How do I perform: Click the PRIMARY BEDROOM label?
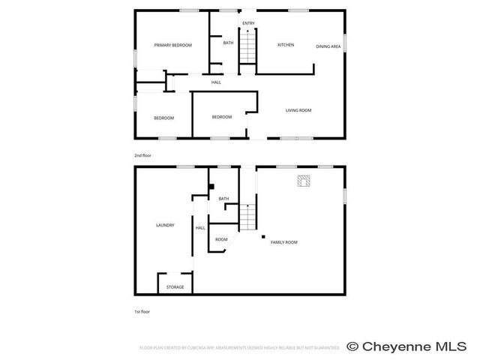pyautogui.click(x=172, y=46)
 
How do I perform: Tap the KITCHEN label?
pyautogui.click(x=286, y=45)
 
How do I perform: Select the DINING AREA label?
pyautogui.click(x=328, y=46)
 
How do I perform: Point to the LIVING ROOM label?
pyautogui.click(x=298, y=110)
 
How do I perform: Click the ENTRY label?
pyautogui.click(x=248, y=23)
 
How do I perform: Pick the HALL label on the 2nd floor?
pyautogui.click(x=216, y=82)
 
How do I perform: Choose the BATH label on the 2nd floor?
pyautogui.click(x=228, y=43)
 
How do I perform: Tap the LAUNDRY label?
pyautogui.click(x=165, y=225)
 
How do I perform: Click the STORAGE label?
pyautogui.click(x=175, y=286)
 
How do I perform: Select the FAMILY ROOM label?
pyautogui.click(x=284, y=242)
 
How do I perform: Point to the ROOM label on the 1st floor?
pyautogui.click(x=221, y=239)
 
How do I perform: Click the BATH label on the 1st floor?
pyautogui.click(x=223, y=199)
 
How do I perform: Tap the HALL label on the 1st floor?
pyautogui.click(x=200, y=228)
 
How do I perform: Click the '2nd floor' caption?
pyautogui.click(x=142, y=155)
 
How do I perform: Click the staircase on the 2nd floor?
pyautogui.click(x=248, y=51)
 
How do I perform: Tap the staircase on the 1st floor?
pyautogui.click(x=248, y=217)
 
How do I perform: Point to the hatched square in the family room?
pyautogui.click(x=304, y=181)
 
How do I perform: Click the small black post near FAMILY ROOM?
pyautogui.click(x=263, y=237)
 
